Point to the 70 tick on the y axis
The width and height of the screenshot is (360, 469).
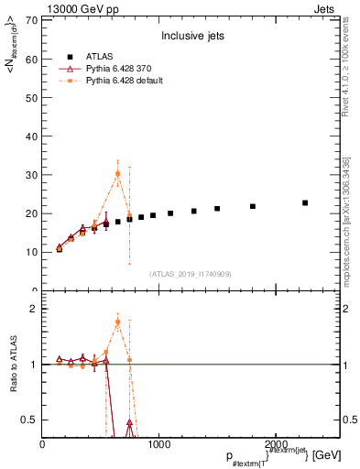[31, 20]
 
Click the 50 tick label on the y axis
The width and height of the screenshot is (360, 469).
[31, 97]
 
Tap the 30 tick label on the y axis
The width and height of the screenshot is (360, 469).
[31, 174]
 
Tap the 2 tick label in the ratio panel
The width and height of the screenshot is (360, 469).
[34, 309]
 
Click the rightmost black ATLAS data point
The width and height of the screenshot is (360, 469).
[305, 202]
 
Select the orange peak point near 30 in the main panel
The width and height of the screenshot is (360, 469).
[117, 173]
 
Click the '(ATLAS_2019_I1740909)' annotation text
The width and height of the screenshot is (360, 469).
[191, 273]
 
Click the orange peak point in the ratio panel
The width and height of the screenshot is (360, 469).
[117, 321]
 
